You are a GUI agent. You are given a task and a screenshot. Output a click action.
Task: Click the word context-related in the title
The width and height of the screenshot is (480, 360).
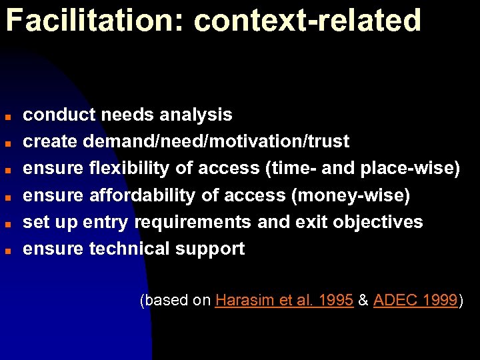307,21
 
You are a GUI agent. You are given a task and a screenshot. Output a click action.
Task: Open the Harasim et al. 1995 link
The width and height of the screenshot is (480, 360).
284,301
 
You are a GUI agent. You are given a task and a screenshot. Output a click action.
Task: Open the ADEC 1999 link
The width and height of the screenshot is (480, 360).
415,301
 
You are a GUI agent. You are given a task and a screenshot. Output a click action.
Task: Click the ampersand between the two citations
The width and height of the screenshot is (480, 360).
363,301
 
